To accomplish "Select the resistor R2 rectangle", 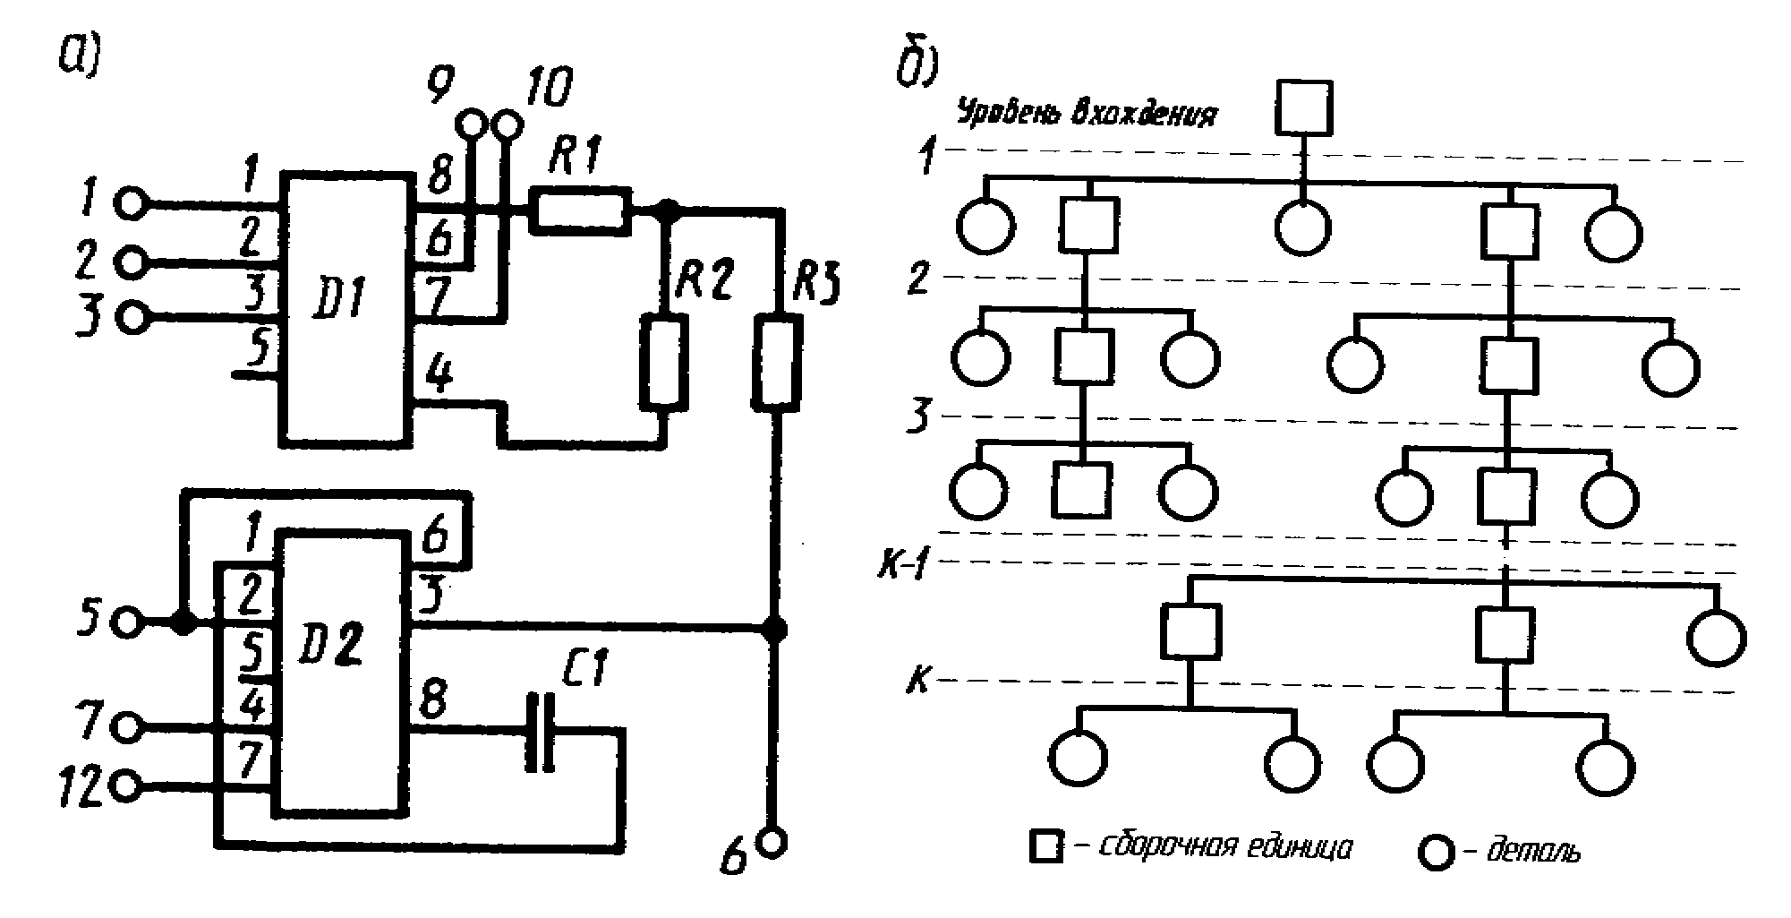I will click(x=664, y=362).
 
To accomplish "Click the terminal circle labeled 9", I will click(x=471, y=124).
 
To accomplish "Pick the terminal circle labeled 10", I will click(x=507, y=124).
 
